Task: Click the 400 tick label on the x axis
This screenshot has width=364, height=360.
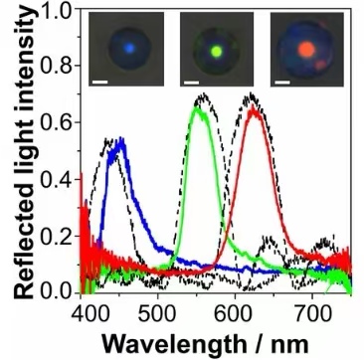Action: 82,311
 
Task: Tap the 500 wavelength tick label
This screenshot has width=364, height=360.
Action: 158,311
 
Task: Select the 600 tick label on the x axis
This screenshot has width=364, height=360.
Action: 235,311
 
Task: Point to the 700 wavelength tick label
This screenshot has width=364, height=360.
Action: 312,311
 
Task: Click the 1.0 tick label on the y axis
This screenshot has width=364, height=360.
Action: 60,11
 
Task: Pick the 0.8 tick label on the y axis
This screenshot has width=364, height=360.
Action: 60,66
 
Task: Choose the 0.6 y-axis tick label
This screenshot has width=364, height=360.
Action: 60,122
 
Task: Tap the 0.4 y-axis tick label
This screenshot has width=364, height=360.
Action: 60,179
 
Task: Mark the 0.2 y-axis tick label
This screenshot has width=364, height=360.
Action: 60,237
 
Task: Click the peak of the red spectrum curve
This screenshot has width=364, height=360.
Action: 254,106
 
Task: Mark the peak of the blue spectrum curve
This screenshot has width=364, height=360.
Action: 121,138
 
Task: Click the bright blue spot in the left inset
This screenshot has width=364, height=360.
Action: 129,49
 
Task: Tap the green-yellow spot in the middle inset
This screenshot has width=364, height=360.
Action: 217,51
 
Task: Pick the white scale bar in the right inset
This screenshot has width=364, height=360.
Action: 282,82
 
